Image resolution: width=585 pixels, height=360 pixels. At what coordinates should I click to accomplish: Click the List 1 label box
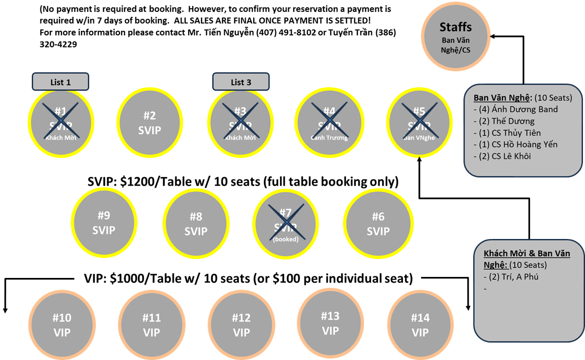pyautogui.click(x=60, y=82)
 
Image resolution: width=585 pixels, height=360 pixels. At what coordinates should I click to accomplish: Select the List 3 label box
pyautogui.click(x=241, y=82)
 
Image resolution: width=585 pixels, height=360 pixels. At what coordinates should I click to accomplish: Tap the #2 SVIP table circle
pyautogui.click(x=150, y=123)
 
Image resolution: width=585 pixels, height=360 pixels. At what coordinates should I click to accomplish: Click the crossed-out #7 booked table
pyautogui.click(x=286, y=225)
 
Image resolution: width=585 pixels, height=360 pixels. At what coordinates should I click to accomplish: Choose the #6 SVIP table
pyautogui.click(x=378, y=225)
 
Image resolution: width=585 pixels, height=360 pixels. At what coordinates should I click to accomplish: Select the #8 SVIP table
pyautogui.click(x=196, y=225)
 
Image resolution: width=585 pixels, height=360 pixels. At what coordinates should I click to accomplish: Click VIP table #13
pyautogui.click(x=331, y=323)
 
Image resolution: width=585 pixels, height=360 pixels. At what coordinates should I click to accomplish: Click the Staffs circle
pyautogui.click(x=456, y=36)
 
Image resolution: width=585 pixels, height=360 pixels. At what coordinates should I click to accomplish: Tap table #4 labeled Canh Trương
pyautogui.click(x=329, y=123)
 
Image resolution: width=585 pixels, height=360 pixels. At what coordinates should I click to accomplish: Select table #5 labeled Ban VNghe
pyautogui.click(x=419, y=123)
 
